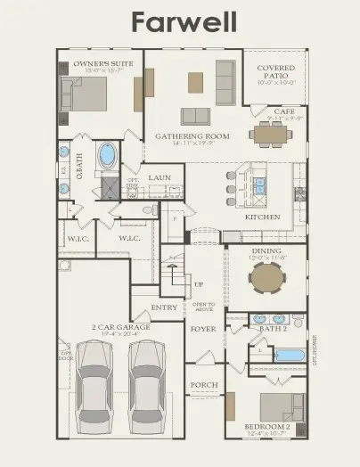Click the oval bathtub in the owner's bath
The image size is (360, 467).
point(108,156)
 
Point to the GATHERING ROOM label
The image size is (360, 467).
point(192,136)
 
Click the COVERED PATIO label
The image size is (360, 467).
point(275,72)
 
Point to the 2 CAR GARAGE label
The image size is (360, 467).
point(120,327)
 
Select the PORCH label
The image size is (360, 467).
point(204,386)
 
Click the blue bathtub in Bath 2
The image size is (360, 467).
point(289,355)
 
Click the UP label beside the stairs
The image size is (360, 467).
point(198,284)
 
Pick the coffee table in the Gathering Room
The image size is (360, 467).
point(195,82)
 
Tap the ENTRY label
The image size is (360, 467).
point(165,307)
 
